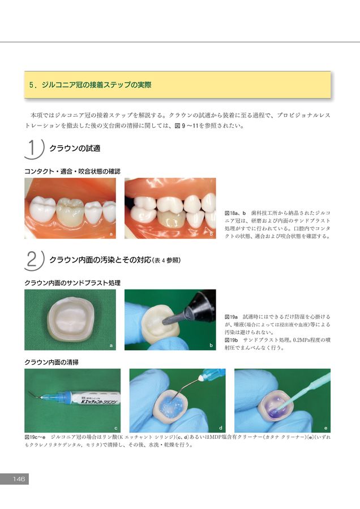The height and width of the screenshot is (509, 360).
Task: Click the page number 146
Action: pyautogui.click(x=19, y=479)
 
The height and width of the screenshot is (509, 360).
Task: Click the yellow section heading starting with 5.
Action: pyautogui.click(x=91, y=85)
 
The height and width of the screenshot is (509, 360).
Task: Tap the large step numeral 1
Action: pyautogui.click(x=32, y=148)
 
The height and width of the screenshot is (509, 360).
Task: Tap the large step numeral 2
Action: pyautogui.click(x=32, y=260)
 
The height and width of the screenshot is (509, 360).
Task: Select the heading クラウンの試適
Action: pyautogui.click(x=75, y=148)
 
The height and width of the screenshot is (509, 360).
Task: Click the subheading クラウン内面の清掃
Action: pyautogui.click(x=52, y=363)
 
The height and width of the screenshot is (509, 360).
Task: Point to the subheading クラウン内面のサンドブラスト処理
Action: pyautogui.click(x=72, y=283)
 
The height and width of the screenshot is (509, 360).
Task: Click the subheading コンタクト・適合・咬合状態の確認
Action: pyautogui.click(x=72, y=171)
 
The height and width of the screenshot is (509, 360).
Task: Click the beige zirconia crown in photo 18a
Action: pyautogui.click(x=69, y=212)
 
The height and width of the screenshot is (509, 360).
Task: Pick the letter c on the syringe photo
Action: pyautogui.click(x=115, y=428)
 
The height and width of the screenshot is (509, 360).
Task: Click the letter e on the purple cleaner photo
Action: pyautogui.click(x=325, y=428)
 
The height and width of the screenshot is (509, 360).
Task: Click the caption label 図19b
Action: pyautogui.click(x=232, y=340)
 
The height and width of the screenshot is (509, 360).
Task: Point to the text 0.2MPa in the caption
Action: pyautogui.click(x=302, y=340)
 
